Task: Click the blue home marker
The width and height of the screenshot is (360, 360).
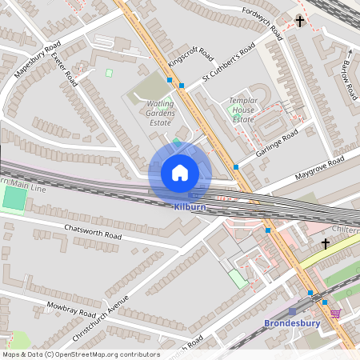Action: click(x=180, y=172)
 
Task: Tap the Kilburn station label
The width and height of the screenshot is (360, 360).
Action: click(x=190, y=206)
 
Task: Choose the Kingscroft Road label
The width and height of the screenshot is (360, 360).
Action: click(x=190, y=55)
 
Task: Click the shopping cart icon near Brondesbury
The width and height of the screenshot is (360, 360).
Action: click(x=335, y=313)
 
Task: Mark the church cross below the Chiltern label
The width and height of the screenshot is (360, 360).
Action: click(x=326, y=242)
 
